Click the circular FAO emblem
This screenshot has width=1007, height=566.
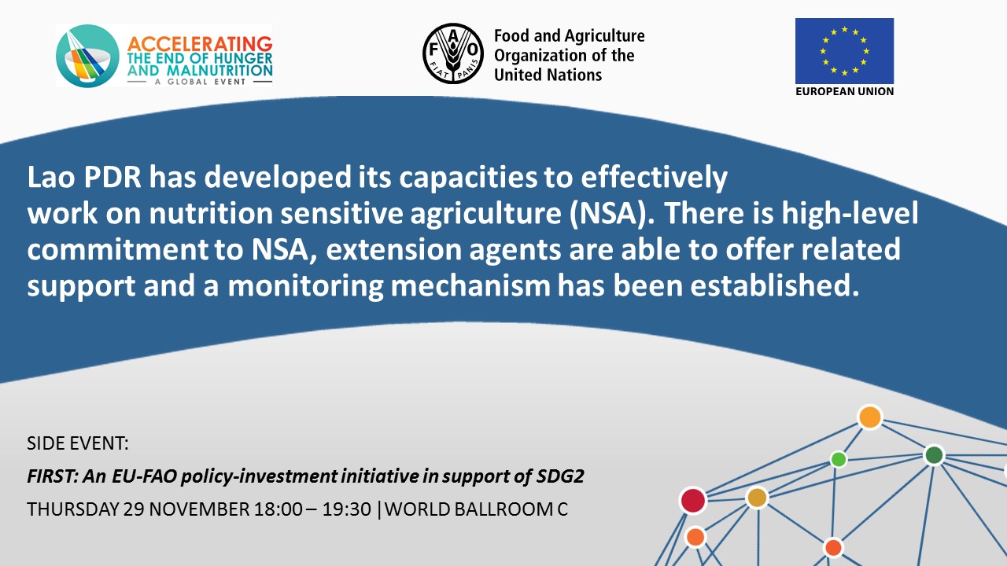pos(453,54)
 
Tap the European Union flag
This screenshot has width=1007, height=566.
pos(844,51)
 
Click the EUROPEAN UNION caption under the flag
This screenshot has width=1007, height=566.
pos(844,91)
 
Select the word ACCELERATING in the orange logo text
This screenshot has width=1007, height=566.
pos(200,44)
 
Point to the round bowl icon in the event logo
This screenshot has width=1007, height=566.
pos(87,56)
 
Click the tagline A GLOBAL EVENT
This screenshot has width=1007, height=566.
pos(200,82)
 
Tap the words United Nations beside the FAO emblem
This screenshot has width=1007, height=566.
pos(548,75)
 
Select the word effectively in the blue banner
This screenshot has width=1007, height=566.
pos(654,178)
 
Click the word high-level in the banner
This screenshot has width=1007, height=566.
pos(850,213)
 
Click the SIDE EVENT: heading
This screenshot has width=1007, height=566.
pos(78,443)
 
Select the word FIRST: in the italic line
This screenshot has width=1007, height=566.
pos(53,476)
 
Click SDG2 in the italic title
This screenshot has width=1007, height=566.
pos(560,476)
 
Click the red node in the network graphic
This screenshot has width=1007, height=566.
pos(693,501)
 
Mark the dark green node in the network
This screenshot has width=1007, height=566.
pos(934,455)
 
